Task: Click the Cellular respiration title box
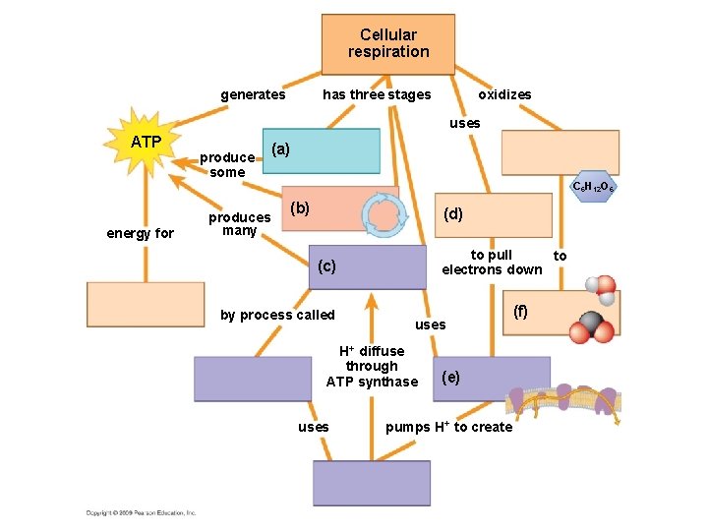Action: pos(388,44)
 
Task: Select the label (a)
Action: pos(280,148)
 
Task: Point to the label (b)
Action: pos(300,207)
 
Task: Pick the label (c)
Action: pos(326,265)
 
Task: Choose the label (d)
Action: pos(453,212)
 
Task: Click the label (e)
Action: pos(450,376)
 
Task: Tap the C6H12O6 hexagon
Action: pos(593,187)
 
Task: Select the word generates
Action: pos(253,94)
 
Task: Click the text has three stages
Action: pos(377,94)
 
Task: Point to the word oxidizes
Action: pos(504,94)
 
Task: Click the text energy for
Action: pos(141,233)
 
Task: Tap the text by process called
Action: pos(277,315)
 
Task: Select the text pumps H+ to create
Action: pos(448,427)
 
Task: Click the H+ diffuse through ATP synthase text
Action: pos(372,366)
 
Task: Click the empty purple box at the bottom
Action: pos(372,482)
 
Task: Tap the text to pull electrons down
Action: pos(492,262)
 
